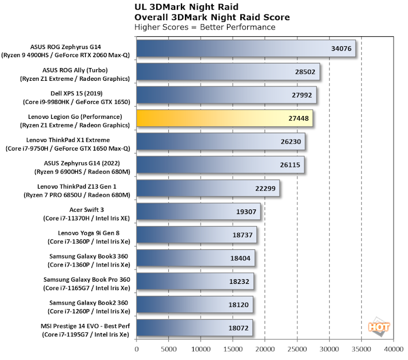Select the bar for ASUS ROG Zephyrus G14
point(247,48)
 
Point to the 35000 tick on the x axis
point(361,348)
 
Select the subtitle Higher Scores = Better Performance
point(204,27)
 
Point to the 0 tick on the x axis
point(137,348)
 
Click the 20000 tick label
point(265,348)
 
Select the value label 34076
point(340,48)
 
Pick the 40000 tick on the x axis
point(393,348)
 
